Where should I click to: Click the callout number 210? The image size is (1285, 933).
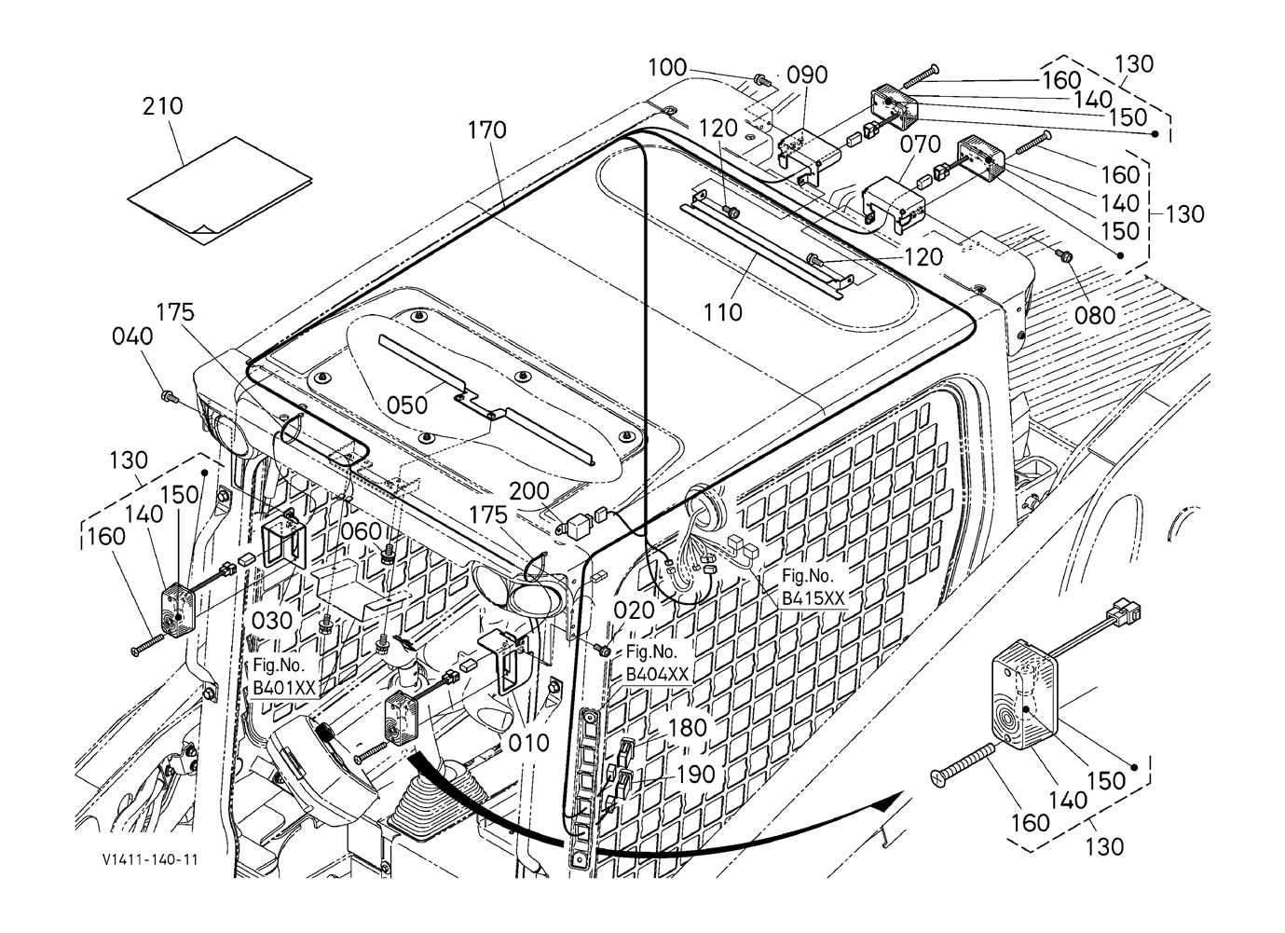point(162,106)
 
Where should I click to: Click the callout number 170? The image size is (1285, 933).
point(487,130)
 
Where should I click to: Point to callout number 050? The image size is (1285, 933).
point(407,405)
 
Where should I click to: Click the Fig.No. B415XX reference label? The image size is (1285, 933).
point(813,584)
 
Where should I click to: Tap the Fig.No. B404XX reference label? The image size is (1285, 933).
point(658,662)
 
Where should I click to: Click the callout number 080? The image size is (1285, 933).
point(1094,315)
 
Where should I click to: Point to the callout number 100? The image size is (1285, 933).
point(666,67)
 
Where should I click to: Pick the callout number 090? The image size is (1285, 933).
point(807,75)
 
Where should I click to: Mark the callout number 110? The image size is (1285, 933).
point(723,311)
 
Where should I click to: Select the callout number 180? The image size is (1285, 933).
point(688,727)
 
